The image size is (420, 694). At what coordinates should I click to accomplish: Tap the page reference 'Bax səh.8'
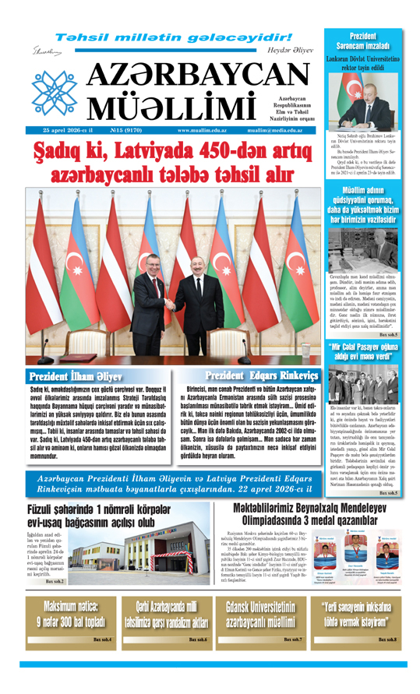[386, 639]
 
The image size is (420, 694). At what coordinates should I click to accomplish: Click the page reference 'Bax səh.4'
[102, 639]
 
